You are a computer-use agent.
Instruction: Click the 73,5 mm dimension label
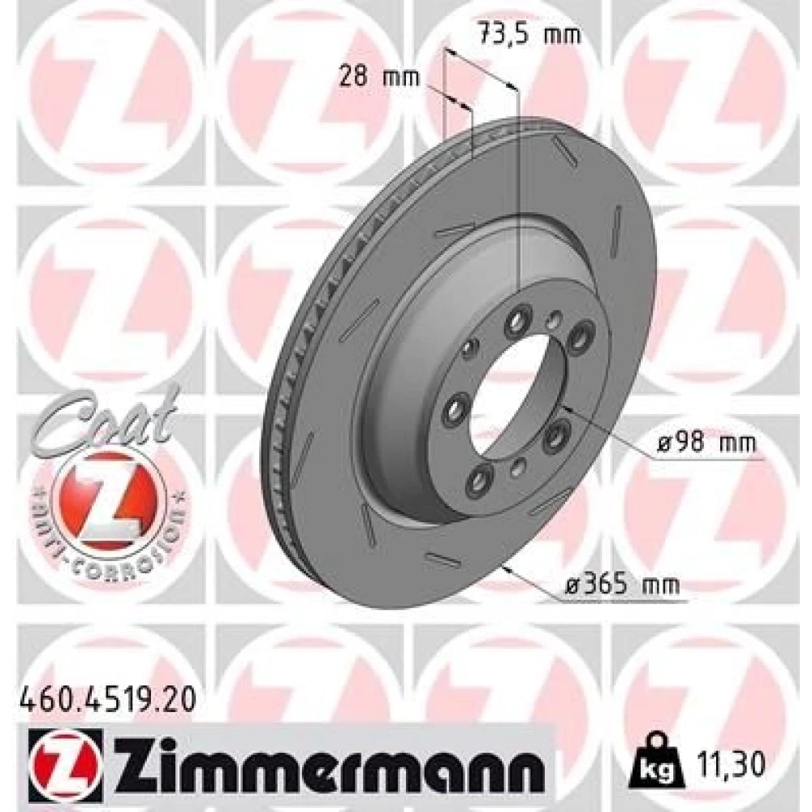point(529,35)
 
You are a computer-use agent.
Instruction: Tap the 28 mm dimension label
point(379,77)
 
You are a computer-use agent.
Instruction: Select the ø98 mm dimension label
point(706,443)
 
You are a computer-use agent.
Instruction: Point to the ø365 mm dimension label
point(622,585)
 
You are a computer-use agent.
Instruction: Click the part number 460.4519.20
point(108,702)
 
